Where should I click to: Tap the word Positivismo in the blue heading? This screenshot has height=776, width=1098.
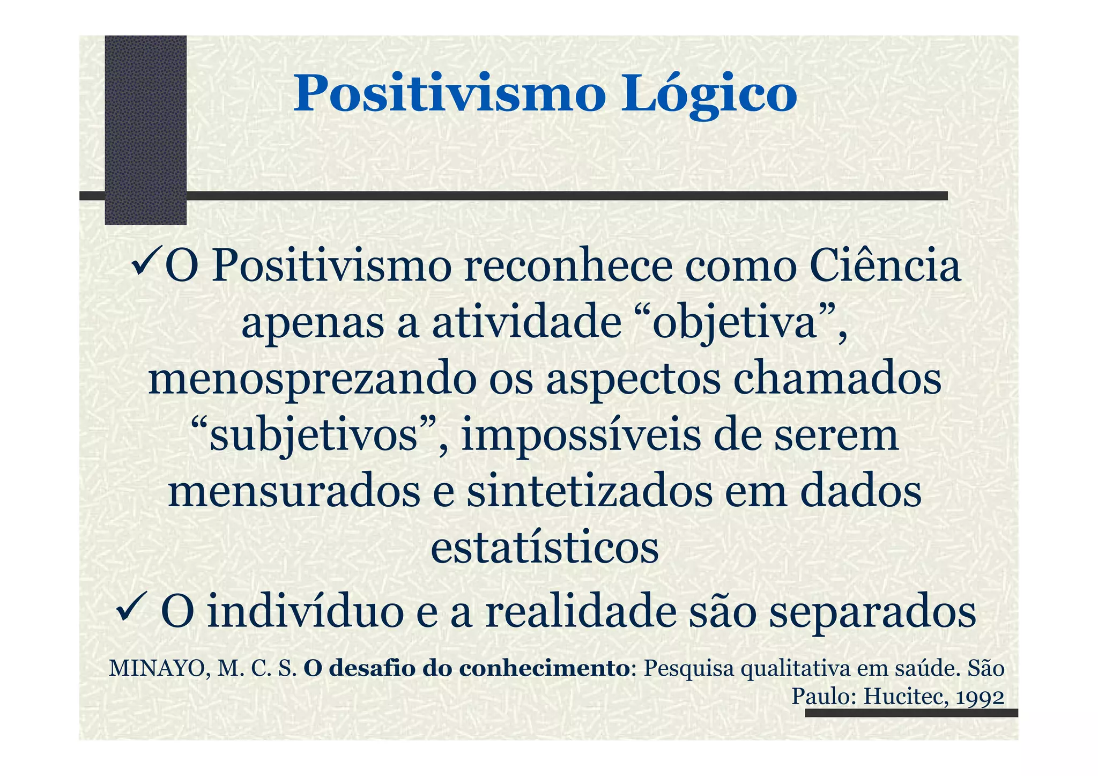click(x=449, y=94)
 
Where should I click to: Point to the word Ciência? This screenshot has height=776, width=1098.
click(x=885, y=267)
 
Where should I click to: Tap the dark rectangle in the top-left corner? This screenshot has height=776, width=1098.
click(x=145, y=129)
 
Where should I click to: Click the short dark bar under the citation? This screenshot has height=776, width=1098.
click(x=911, y=713)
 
